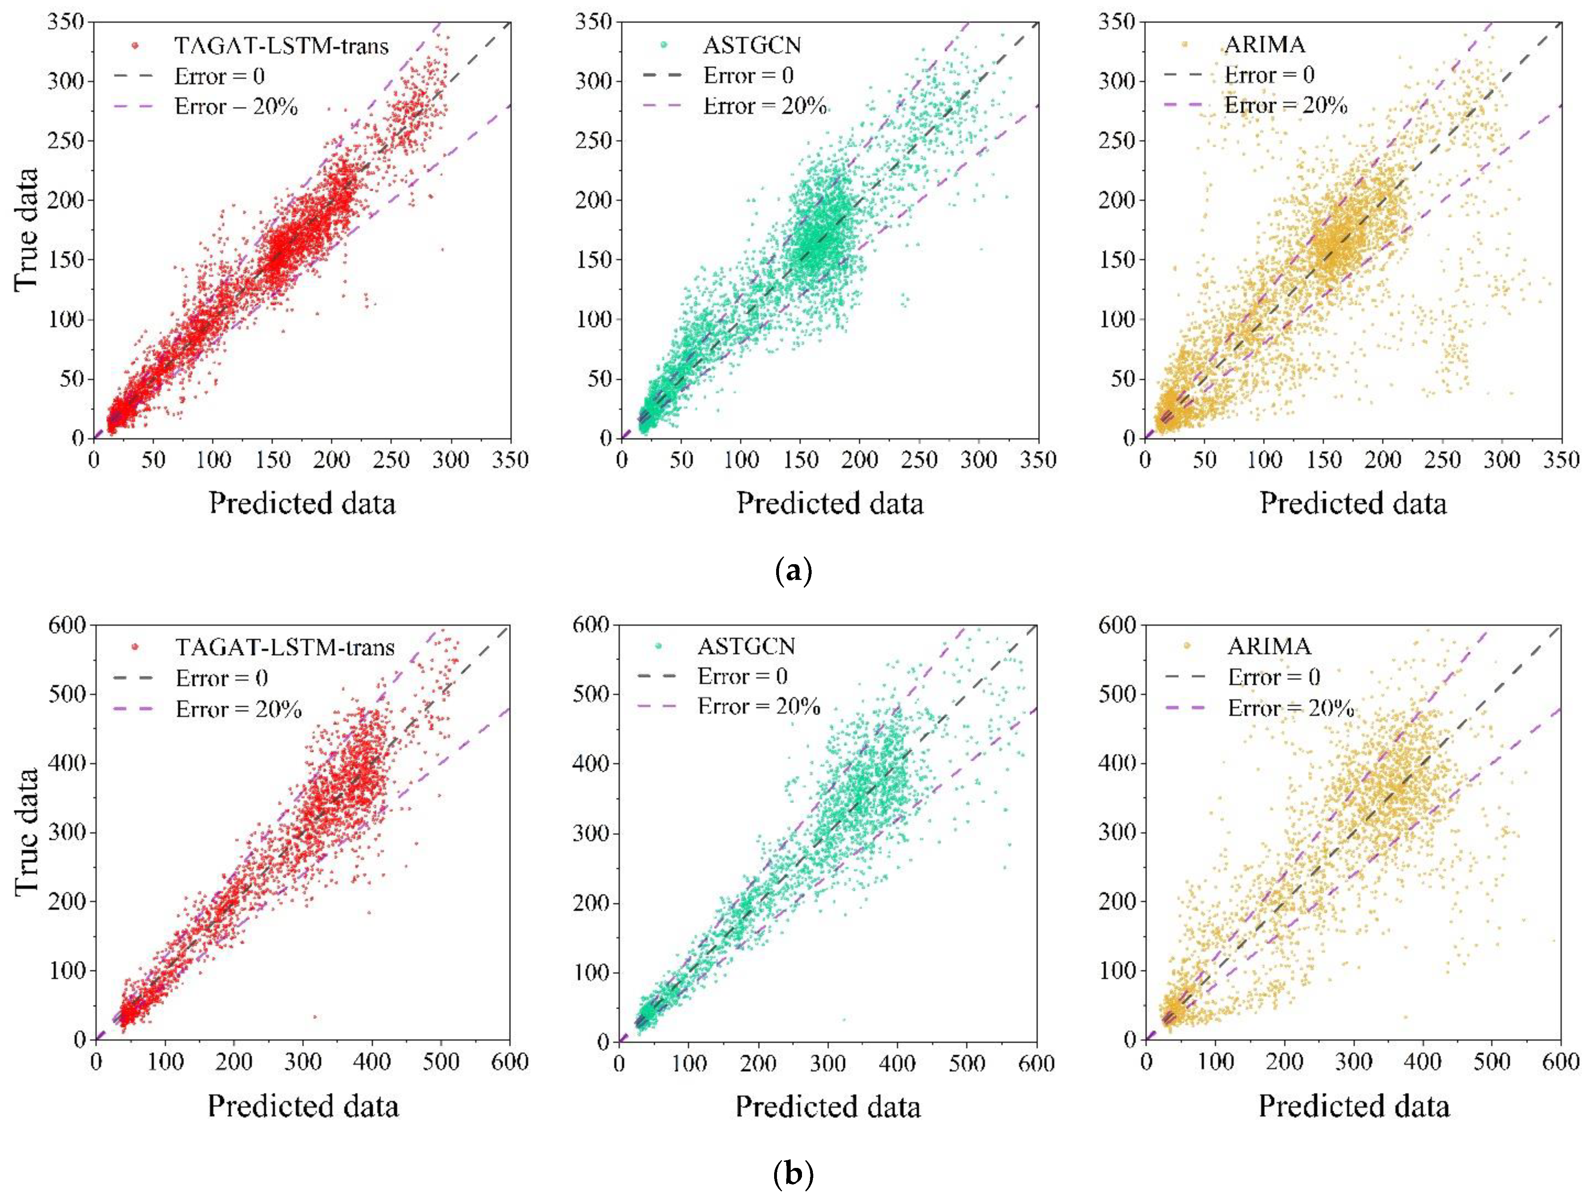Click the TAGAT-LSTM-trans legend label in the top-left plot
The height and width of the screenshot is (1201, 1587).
[x=281, y=46]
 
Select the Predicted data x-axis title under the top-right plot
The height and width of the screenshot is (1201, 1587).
[x=1353, y=503]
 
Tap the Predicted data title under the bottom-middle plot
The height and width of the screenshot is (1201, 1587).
[x=828, y=1106]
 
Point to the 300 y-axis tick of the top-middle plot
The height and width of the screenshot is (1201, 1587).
[x=595, y=81]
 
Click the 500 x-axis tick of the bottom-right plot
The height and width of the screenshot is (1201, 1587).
[x=1492, y=1062]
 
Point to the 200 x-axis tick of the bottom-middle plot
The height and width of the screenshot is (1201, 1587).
[x=758, y=1063]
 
